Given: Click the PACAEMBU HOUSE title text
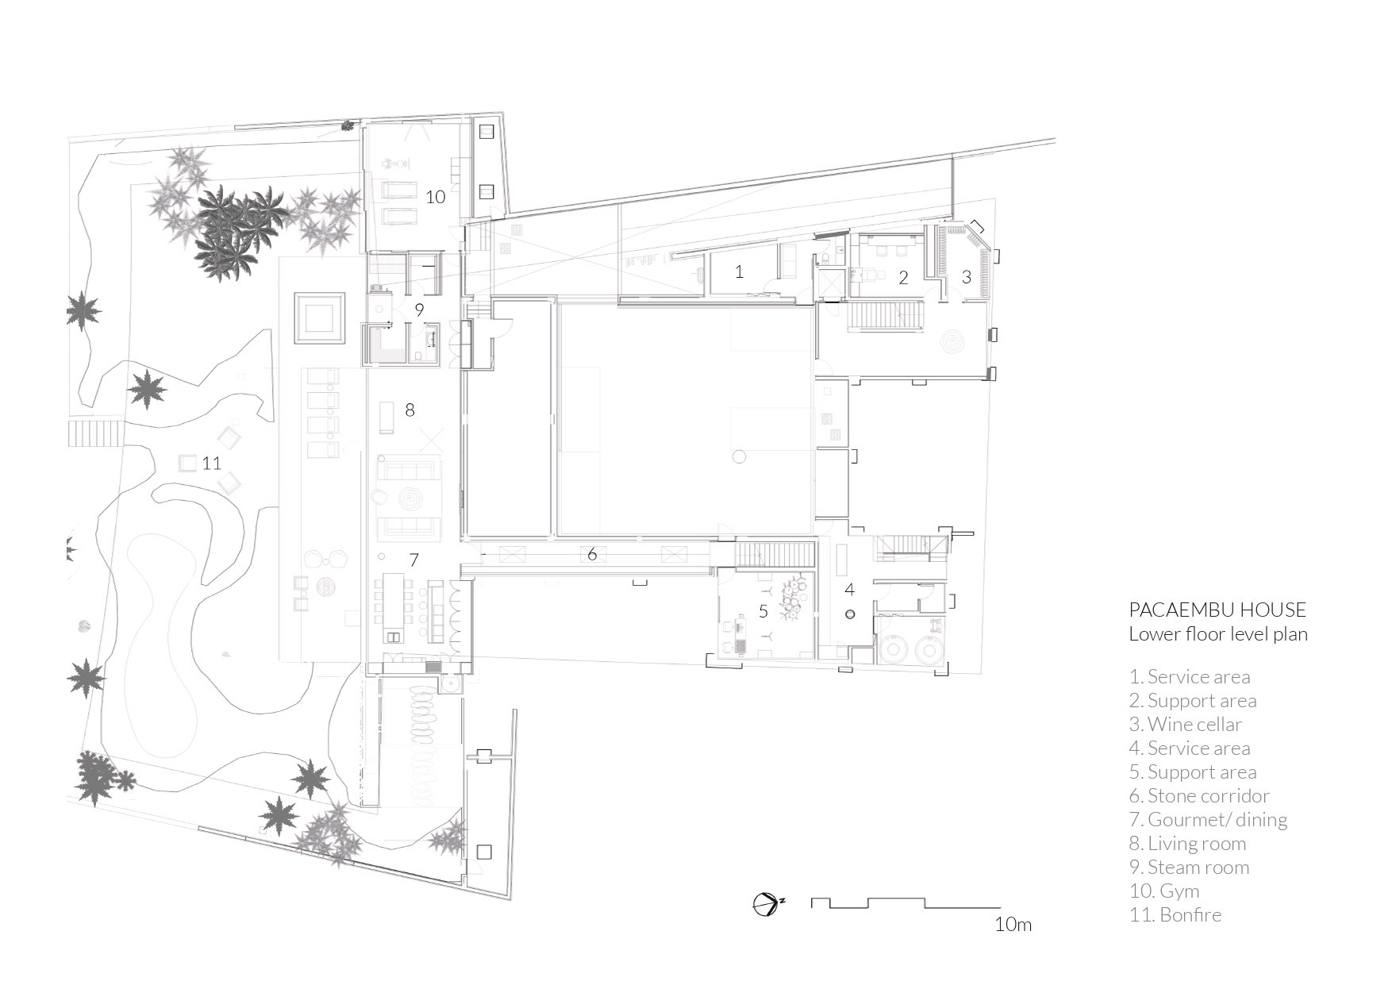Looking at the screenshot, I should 1217,610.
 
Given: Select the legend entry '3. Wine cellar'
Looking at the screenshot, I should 1185,724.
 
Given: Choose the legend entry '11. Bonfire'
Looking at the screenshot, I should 1175,914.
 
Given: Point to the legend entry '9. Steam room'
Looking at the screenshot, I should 1189,867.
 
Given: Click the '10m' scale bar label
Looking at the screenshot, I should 1013,924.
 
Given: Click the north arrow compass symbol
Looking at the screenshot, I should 767,904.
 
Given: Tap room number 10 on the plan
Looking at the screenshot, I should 435,196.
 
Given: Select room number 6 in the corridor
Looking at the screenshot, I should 592,554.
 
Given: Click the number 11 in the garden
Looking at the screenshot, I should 211,463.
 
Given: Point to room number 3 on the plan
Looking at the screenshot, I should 966,277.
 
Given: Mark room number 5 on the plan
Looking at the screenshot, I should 763,611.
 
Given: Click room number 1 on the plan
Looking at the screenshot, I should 739,272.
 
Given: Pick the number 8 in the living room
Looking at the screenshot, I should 410,410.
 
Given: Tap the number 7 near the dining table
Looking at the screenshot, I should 413,560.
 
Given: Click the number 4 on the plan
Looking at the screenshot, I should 850,590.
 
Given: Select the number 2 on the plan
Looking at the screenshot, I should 903,278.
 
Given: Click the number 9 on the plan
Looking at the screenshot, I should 419,309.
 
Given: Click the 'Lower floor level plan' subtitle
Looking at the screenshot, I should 1217,633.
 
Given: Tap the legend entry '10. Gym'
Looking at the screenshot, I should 1163,891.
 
